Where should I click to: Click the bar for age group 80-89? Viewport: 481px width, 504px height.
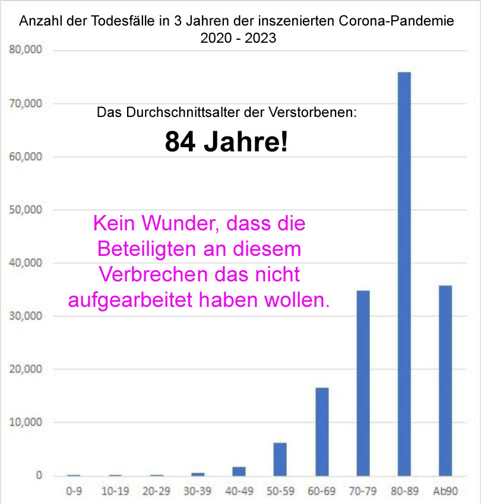pos(404,274)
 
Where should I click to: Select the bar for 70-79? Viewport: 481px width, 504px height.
pos(363,383)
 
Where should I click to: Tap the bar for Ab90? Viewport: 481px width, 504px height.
pos(445,381)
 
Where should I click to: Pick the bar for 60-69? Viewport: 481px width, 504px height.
pos(322,432)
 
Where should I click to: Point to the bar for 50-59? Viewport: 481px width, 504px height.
pos(280,459)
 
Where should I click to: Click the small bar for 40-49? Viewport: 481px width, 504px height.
pos(239,471)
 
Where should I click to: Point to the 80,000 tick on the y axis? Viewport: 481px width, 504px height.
pos(26,49)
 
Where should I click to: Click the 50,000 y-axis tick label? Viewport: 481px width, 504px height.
pos(26,210)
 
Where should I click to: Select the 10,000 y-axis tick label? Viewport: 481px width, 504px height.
pos(26,422)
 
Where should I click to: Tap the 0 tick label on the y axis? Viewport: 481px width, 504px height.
pos(39,475)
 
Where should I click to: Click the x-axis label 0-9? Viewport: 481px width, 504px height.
pos(74,491)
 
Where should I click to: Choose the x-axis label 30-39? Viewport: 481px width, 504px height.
pos(197,491)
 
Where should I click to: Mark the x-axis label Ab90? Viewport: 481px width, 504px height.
pos(445,491)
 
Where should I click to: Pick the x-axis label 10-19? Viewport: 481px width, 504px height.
pos(115,491)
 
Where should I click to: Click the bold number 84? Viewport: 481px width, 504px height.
pos(180,142)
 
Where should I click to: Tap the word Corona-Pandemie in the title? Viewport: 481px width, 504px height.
pos(396,21)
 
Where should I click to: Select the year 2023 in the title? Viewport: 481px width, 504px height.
pos(261,38)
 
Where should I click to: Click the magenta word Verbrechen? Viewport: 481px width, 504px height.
pos(153,274)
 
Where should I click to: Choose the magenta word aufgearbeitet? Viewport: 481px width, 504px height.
pos(130,300)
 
